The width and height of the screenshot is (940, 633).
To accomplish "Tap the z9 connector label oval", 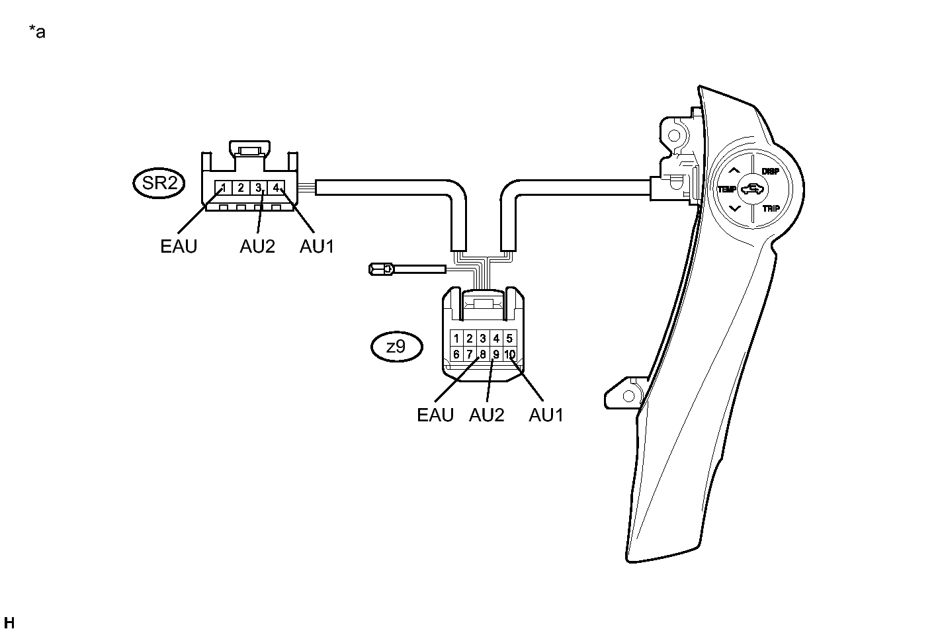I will tap(396, 347).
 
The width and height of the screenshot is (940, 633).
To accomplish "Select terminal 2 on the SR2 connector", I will tap(241, 188).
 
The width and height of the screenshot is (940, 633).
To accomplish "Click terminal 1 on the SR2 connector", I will tap(224, 188).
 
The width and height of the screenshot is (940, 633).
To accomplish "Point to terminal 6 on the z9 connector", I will tap(456, 355).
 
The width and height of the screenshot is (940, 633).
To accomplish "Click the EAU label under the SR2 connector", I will tap(179, 247).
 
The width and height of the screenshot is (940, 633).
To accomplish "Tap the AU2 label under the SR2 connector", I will tap(257, 247).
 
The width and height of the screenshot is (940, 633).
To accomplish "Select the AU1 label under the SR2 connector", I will tap(317, 247).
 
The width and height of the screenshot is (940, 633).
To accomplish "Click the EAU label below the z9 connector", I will tap(435, 415).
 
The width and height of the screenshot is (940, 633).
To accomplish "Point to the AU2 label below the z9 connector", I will tap(487, 415).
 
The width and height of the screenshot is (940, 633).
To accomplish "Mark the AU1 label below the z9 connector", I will tap(546, 415).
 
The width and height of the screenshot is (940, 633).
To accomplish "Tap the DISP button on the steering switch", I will tap(770, 171).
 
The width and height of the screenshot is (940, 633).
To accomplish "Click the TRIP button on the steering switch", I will tap(771, 208).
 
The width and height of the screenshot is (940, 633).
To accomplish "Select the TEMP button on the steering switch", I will tap(727, 189).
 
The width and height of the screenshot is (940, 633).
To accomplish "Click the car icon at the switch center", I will tap(752, 190).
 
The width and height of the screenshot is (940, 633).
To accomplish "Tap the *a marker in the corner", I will tap(37, 31).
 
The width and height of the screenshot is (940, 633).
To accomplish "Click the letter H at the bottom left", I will tap(9, 622).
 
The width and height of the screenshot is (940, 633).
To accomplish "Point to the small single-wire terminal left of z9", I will tap(381, 269).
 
